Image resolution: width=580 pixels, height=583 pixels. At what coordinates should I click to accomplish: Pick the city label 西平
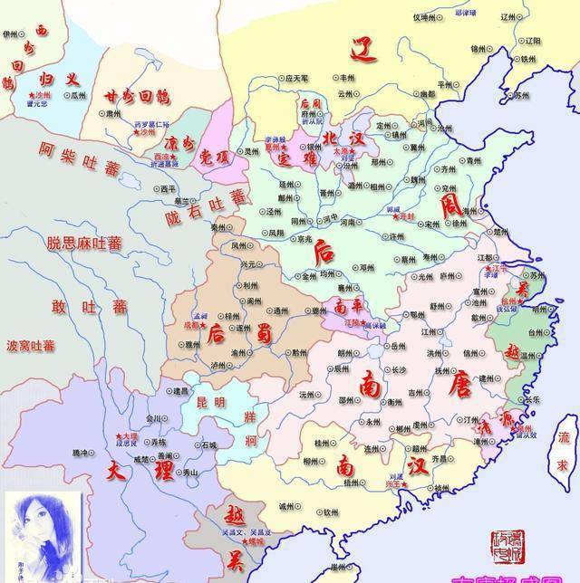169,189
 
